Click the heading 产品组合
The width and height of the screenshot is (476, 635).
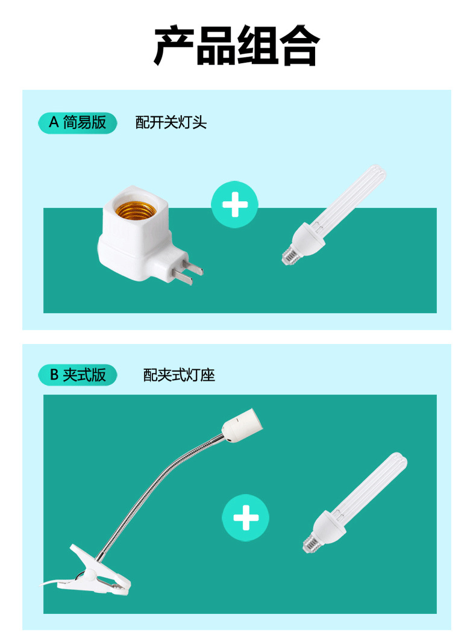click(237, 46)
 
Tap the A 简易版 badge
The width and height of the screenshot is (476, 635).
click(77, 123)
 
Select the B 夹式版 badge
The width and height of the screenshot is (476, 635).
click(77, 375)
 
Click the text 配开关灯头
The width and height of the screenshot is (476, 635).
click(171, 124)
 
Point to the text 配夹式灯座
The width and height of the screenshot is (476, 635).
click(179, 376)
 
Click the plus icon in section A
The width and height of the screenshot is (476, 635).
click(234, 205)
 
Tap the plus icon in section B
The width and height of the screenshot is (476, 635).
click(245, 518)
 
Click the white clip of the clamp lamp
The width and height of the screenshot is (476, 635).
click(99, 570)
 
